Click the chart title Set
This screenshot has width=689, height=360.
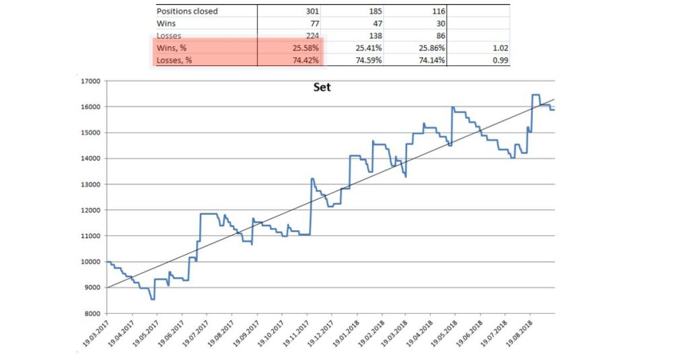322,87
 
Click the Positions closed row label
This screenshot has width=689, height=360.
187,11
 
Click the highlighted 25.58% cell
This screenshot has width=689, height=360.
307,48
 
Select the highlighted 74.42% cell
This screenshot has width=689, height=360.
307,60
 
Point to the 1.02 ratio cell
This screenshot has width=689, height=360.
498,48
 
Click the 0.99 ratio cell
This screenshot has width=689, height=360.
498,60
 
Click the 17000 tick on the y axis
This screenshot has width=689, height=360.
90,81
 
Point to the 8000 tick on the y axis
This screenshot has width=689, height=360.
92,314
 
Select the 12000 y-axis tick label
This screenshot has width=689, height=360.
90,211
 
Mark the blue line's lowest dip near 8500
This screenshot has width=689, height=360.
153,299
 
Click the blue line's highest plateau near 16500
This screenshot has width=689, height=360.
536,95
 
